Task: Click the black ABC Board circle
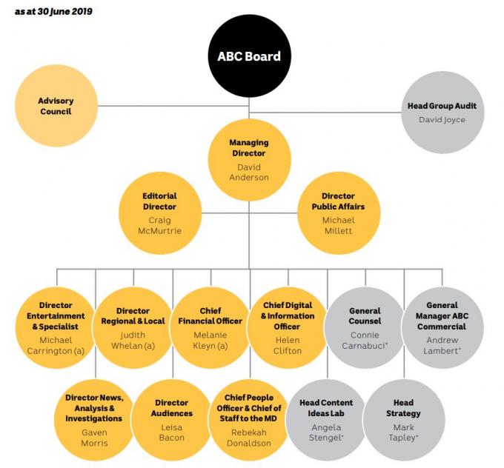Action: [x=249, y=56]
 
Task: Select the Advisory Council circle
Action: [x=56, y=106]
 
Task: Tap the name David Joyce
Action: [x=442, y=120]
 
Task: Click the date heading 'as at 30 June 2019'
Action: [x=53, y=12]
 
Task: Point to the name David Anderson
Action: [x=249, y=172]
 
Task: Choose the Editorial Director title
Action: [x=160, y=201]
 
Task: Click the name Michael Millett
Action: [x=339, y=226]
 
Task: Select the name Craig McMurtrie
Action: [x=160, y=226]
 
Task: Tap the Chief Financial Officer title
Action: [x=210, y=315]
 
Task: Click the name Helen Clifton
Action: [x=288, y=345]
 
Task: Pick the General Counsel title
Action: [x=365, y=315]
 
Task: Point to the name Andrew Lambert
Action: [x=442, y=345]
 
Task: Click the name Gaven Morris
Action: [x=95, y=438]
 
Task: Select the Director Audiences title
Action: [x=172, y=408]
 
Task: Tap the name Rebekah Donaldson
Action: [x=249, y=438]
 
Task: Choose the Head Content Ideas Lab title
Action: [x=326, y=408]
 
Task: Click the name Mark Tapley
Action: [x=403, y=432]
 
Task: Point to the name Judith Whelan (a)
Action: [x=133, y=340]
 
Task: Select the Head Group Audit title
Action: [x=442, y=106]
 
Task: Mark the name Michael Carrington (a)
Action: [x=56, y=345]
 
